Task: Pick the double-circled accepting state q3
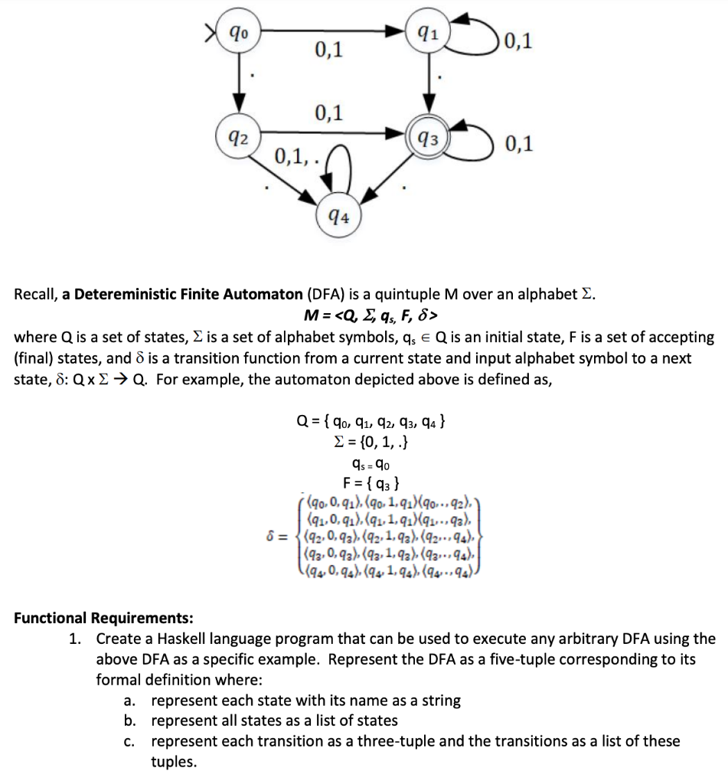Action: (429, 139)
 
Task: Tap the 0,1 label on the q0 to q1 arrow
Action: (328, 51)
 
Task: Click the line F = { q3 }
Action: (370, 482)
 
